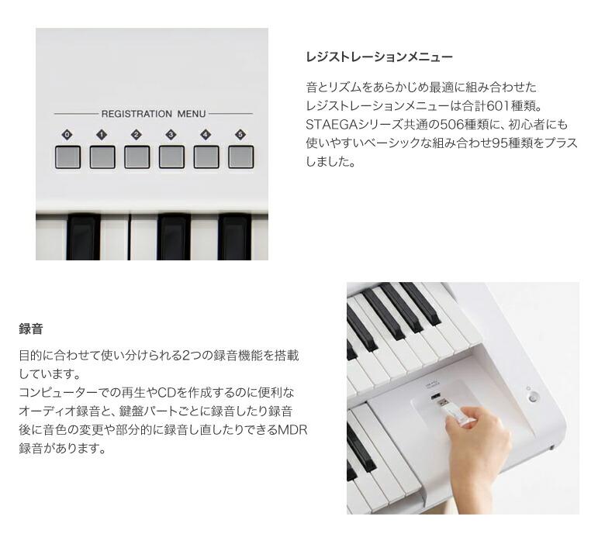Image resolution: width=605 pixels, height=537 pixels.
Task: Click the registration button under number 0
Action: pyautogui.click(x=67, y=157)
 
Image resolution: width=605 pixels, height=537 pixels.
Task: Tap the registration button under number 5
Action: pyautogui.click(x=240, y=157)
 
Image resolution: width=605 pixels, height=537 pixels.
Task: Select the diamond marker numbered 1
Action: pyautogui.click(x=102, y=135)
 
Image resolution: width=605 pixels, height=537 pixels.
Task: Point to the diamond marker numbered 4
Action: pyautogui.click(x=206, y=135)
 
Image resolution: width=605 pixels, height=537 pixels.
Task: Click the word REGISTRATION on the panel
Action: pyautogui.click(x=137, y=114)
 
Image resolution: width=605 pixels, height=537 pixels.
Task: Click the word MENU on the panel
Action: pyautogui.click(x=192, y=114)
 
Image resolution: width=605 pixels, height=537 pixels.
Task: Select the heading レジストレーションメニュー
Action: pyautogui.click(x=379, y=57)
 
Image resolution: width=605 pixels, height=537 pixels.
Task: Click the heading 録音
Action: pyautogui.click(x=31, y=329)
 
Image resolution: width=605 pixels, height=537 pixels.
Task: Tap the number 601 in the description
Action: pyautogui.click(x=498, y=106)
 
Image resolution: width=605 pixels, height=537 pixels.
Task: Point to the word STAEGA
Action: pyautogui.click(x=332, y=125)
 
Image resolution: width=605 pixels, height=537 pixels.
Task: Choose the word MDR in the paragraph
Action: pyautogui.click(x=292, y=430)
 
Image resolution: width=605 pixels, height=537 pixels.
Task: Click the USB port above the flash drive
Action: pyautogui.click(x=435, y=396)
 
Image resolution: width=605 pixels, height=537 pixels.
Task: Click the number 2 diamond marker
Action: pyautogui.click(x=137, y=135)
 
